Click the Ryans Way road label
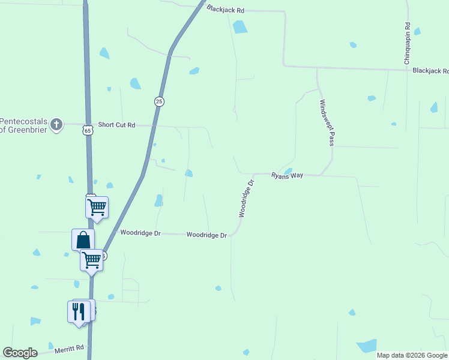(x=287, y=175)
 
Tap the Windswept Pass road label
(x=327, y=122)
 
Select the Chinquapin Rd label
(x=407, y=44)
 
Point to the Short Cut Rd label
(x=117, y=125)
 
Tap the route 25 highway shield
(x=159, y=101)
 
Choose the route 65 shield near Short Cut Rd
(x=88, y=130)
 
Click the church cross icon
(x=56, y=125)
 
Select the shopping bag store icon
(x=83, y=239)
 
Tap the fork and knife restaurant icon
(x=78, y=311)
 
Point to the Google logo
(x=20, y=352)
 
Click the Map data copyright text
(x=412, y=355)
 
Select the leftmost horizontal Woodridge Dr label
(x=140, y=232)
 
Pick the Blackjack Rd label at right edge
(x=430, y=71)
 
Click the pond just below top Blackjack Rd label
(x=240, y=26)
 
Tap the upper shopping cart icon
(x=97, y=208)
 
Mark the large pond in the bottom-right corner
(x=367, y=346)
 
